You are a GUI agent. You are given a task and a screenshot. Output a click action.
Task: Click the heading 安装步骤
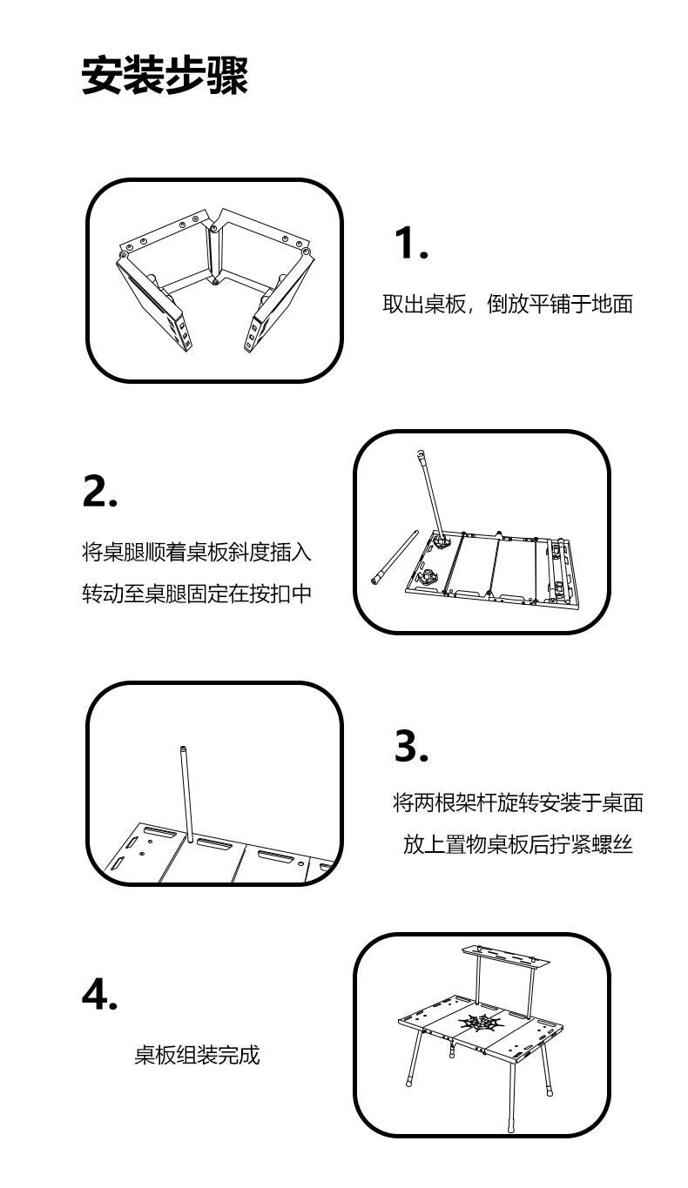pyautogui.click(x=165, y=75)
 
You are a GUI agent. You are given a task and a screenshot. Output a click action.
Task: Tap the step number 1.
pyautogui.click(x=411, y=243)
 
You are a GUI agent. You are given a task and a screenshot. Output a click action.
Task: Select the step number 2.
pyautogui.click(x=100, y=491)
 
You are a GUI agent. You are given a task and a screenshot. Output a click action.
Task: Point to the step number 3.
pyautogui.click(x=411, y=745)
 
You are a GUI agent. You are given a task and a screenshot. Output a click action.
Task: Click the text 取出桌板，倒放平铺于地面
pyautogui.click(x=508, y=305)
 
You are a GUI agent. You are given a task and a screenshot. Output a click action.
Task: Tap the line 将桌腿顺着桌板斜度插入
pyautogui.click(x=197, y=552)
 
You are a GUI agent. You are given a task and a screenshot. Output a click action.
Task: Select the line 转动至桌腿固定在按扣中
pyautogui.click(x=197, y=594)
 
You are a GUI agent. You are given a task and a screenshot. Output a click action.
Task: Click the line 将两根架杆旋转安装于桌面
pyautogui.click(x=518, y=803)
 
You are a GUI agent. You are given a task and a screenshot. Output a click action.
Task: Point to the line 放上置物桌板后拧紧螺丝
pyautogui.click(x=518, y=844)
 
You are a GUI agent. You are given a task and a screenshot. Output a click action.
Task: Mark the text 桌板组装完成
pyautogui.click(x=197, y=1055)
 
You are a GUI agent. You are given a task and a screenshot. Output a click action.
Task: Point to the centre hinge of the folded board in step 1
pyautogui.click(x=214, y=254)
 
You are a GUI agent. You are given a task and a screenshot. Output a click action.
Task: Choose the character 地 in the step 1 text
pyautogui.click(x=602, y=305)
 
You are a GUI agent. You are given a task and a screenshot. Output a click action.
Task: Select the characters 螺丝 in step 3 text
pyautogui.click(x=612, y=844)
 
